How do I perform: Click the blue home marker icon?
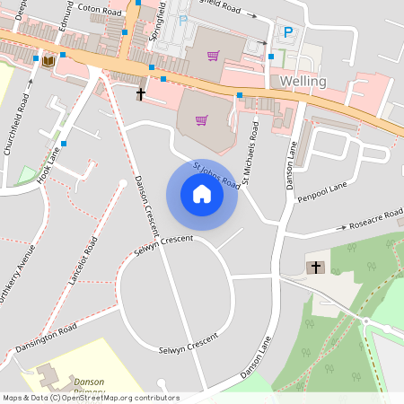point(201,194)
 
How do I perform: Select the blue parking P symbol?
point(288,31)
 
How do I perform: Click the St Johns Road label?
point(216,175)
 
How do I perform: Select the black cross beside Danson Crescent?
point(141,93)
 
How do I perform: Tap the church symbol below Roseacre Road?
point(315,268)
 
